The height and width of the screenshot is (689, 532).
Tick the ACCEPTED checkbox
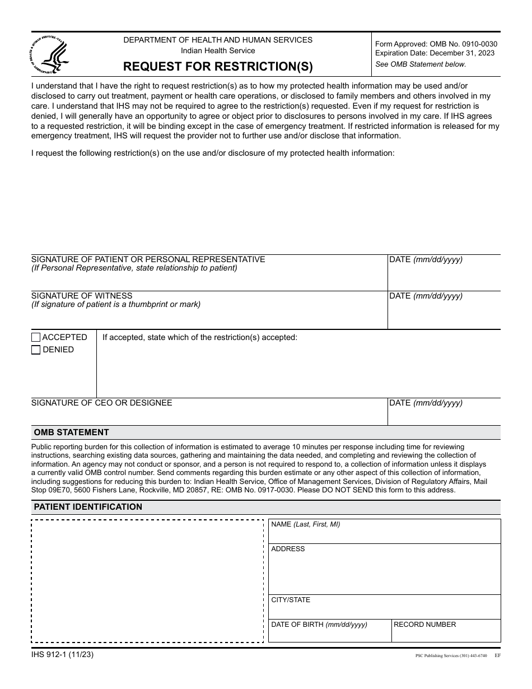[36, 337]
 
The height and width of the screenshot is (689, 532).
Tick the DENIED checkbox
[36, 350]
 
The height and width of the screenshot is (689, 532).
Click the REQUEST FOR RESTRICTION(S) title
[218, 67]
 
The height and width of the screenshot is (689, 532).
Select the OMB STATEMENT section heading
[71, 432]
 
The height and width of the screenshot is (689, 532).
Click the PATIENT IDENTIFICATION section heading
[88, 507]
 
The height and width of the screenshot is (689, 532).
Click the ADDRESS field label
[288, 549]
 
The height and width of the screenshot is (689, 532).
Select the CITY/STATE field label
[291, 600]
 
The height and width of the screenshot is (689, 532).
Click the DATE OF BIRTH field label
[319, 625]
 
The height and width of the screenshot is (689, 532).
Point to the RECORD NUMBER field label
[424, 625]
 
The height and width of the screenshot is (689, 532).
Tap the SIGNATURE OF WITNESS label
[82, 296]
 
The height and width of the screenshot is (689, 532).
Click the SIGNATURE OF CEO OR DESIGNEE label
[101, 403]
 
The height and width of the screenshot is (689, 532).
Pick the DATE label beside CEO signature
[426, 403]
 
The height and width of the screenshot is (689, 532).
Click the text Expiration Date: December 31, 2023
[435, 53]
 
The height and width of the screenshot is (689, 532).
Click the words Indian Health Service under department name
[218, 51]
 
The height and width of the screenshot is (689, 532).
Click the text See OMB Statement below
[420, 64]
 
